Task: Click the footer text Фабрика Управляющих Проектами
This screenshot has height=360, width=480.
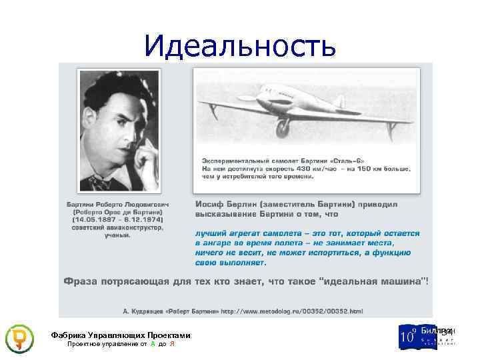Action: tap(120, 335)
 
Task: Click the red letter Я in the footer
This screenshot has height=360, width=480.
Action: tap(172, 345)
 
